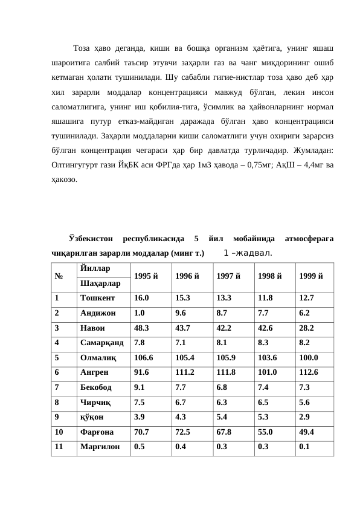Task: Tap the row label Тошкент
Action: [95, 298]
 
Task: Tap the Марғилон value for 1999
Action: [303, 447]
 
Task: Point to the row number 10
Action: [59, 432]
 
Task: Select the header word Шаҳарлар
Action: [100, 283]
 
